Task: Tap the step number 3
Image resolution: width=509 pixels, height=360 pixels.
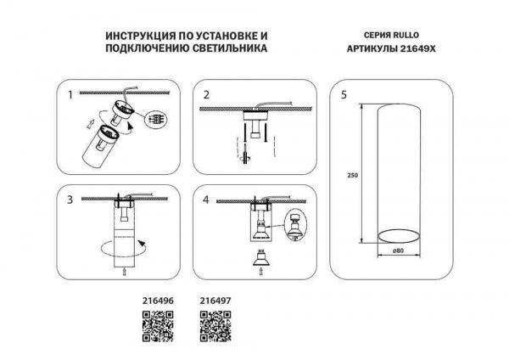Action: [x=70, y=200]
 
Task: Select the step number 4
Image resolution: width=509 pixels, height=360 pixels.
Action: [x=204, y=200]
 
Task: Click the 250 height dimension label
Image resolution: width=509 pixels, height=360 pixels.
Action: [x=352, y=176]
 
